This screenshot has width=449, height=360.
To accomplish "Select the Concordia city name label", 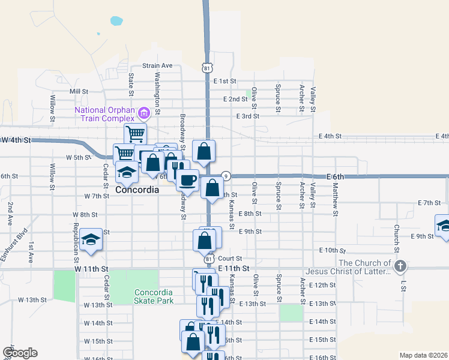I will [x=137, y=190].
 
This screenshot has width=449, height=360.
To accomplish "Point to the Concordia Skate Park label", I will [x=153, y=296].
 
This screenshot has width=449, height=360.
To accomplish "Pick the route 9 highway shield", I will [x=226, y=176].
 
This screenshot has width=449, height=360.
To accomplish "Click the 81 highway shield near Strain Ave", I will [x=207, y=67].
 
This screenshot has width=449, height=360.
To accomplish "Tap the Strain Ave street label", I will [x=157, y=65].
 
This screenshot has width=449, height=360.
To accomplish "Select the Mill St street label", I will [x=79, y=91].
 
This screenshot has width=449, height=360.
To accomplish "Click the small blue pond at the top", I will [x=115, y=21].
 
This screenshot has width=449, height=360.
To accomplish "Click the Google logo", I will [x=20, y=353].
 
